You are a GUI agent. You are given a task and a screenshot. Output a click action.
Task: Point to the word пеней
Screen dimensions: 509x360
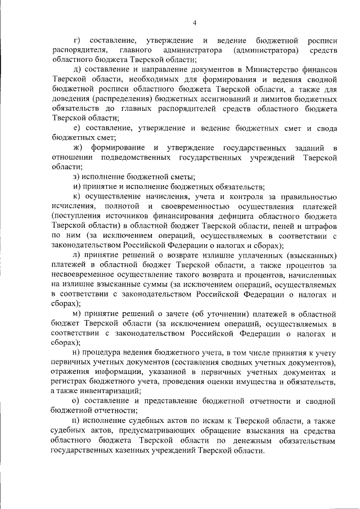[281, 224]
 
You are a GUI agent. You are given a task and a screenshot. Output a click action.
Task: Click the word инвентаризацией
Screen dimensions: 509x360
[102, 390]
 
